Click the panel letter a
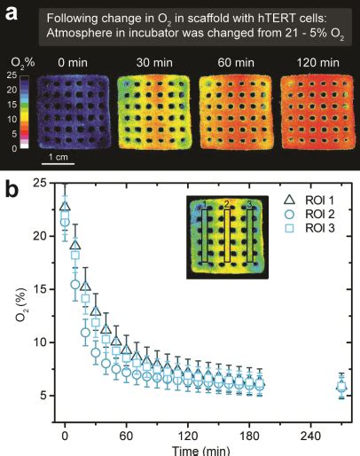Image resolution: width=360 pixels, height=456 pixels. pos(12,12)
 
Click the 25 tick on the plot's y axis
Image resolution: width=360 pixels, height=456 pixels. pos(41,184)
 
